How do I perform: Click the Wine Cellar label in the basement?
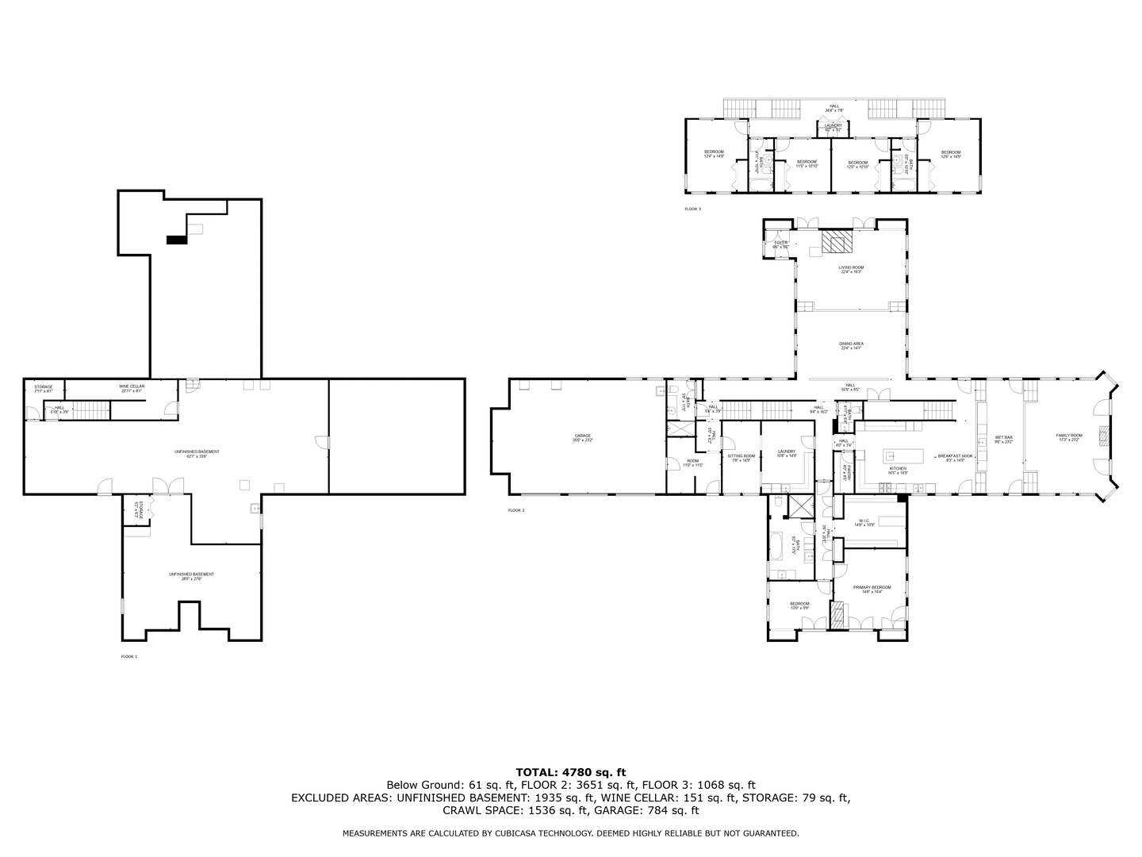132,386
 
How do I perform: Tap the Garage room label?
583,436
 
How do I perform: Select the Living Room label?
851,268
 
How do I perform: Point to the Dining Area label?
851,344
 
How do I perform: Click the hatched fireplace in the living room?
834,241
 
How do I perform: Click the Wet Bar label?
1003,438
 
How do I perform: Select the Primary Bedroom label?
872,588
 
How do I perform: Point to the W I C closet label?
864,522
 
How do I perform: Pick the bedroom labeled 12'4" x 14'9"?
714,153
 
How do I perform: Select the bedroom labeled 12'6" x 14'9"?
950,153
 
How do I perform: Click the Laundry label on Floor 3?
833,126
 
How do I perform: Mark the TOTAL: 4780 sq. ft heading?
570,771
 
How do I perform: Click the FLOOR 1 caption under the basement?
128,657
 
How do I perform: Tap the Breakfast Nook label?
955,456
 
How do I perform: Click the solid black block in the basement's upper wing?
175,240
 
